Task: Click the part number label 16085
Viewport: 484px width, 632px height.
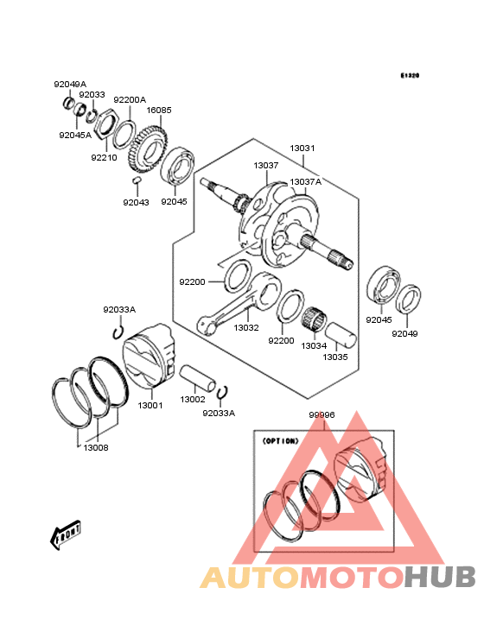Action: (x=158, y=111)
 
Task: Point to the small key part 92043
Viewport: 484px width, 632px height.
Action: (x=136, y=182)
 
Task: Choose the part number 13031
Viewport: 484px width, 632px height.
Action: (x=302, y=148)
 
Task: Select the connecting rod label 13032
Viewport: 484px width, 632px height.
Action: (x=246, y=328)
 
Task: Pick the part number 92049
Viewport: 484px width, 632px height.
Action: (x=404, y=332)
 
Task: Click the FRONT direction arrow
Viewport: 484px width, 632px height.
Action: (x=66, y=535)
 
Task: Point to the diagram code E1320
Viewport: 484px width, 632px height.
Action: (x=409, y=76)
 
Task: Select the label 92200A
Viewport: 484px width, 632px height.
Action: (x=130, y=99)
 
